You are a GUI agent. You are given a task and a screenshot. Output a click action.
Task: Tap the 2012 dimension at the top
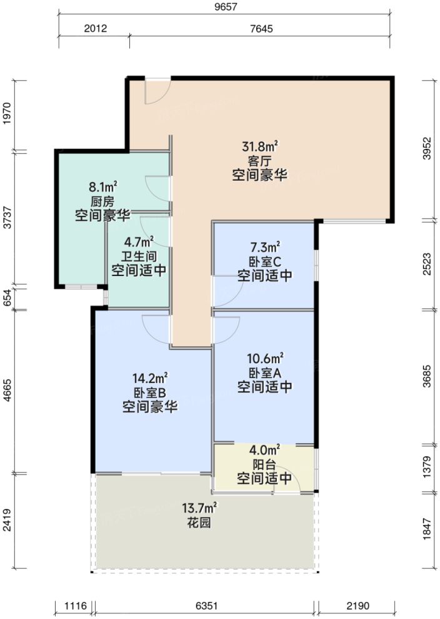[x=95, y=28]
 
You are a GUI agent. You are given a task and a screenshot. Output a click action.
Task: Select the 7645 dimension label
[x=261, y=28]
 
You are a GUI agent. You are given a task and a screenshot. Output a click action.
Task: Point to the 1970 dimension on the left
[x=7, y=115]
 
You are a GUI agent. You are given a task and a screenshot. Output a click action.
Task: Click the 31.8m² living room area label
[x=260, y=147]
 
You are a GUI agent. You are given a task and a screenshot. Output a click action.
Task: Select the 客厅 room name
[x=259, y=161]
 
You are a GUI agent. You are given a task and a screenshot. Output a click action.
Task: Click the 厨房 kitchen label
[x=102, y=201]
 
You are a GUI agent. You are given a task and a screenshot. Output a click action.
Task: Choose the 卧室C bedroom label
[x=264, y=261]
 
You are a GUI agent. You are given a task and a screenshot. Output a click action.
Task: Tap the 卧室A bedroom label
[x=264, y=373]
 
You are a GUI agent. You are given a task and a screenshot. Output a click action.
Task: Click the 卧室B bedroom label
[x=149, y=393]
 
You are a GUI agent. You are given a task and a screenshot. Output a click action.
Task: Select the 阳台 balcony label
[x=264, y=465]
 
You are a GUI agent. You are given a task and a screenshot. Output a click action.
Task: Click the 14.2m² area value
[x=149, y=379]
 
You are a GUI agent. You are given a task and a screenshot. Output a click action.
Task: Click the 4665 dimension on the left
[x=7, y=391]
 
